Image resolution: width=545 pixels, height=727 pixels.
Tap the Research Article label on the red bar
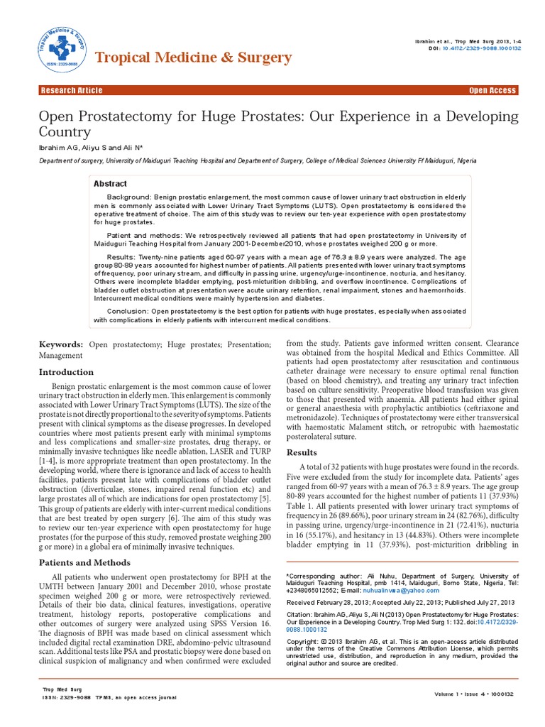pos(72,90)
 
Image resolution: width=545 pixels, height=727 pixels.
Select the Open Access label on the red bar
pos(492,90)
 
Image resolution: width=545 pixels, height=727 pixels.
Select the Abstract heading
pos(110,184)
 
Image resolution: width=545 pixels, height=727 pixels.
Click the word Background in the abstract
pos(130,195)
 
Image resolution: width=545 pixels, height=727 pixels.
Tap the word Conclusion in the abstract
pos(127,311)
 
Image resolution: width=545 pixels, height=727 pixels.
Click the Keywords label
pos(61,344)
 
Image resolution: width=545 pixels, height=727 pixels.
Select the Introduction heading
pos(66,372)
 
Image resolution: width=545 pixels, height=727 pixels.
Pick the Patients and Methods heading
pos(84,563)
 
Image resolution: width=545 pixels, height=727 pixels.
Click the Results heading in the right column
pos(301,452)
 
